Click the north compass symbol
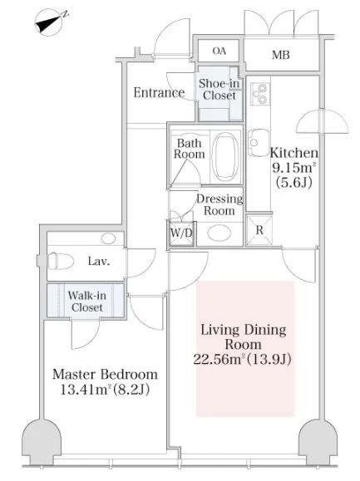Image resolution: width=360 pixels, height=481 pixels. (49, 22)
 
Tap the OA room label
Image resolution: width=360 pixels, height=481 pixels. (219, 51)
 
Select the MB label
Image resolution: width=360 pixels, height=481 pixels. (280, 55)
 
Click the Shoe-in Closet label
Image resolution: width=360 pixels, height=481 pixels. (219, 89)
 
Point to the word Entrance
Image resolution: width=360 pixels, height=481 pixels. (159, 92)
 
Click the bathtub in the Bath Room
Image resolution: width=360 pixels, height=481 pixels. (225, 156)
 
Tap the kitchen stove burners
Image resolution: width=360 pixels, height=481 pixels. (260, 94)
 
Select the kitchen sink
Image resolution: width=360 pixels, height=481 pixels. (258, 143)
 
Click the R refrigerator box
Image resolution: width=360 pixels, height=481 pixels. (259, 230)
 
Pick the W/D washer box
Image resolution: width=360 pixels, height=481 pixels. (180, 233)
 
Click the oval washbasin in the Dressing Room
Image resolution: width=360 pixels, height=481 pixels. (219, 233)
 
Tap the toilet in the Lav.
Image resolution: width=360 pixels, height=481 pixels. (61, 261)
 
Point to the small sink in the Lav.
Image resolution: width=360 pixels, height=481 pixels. (108, 238)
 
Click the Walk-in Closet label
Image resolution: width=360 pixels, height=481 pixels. (86, 302)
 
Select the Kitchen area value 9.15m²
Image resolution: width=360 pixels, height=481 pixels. (294, 168)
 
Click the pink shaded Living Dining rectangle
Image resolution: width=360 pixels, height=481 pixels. (245, 348)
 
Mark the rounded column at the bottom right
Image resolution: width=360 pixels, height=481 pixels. (318, 441)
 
